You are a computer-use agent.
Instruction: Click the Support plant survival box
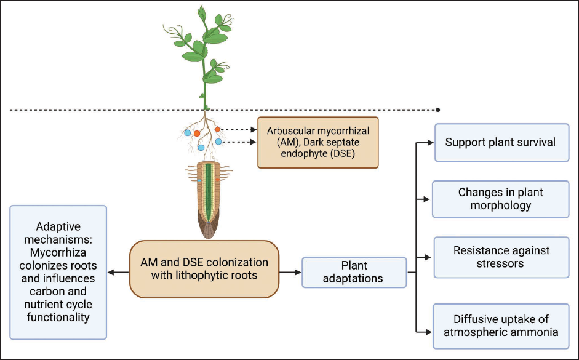point(502,143)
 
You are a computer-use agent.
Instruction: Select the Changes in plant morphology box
point(501,199)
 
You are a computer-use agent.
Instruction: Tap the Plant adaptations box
point(354,273)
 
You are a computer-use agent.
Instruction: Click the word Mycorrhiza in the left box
point(58,252)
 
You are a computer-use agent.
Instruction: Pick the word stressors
point(500,263)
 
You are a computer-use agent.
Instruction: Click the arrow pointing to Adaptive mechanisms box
point(118,273)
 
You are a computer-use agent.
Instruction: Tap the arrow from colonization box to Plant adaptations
point(290,273)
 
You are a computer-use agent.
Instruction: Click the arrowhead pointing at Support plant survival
point(431,143)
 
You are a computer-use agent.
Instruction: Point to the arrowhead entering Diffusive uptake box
point(428,332)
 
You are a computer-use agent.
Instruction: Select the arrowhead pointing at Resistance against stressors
point(428,257)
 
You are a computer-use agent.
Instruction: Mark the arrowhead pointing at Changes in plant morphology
point(426,199)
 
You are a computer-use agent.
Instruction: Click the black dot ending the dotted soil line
point(438,110)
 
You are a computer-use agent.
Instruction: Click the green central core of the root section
point(208,192)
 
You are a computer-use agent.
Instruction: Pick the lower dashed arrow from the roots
point(239,142)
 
